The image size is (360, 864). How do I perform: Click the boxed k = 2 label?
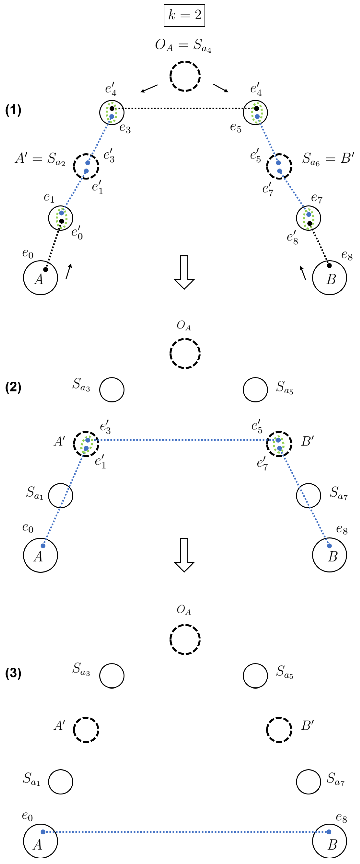pyautogui.click(x=184, y=15)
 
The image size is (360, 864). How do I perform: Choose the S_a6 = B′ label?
pyautogui.click(x=328, y=158)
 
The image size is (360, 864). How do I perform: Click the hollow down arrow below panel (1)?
pyautogui.click(x=184, y=272)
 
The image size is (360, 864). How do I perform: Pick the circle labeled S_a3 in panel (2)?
pyautogui.click(x=112, y=390)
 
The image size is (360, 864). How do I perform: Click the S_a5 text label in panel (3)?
pyautogui.click(x=285, y=672)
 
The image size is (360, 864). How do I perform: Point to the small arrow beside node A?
pyautogui.click(x=69, y=271)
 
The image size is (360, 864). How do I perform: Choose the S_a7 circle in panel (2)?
pyautogui.click(x=308, y=495)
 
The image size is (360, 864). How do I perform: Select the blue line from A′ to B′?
pyautogui.click(x=183, y=440)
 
